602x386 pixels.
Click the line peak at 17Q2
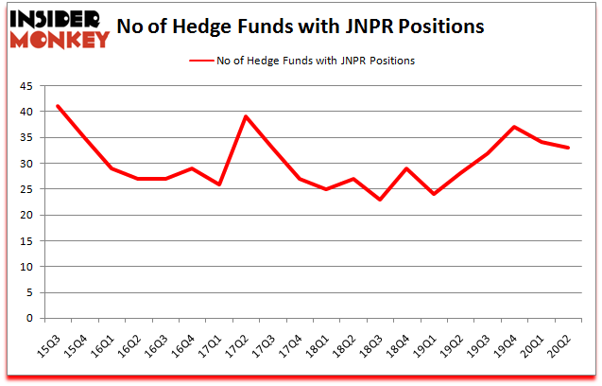pos(247,116)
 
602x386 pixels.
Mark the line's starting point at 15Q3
pos(58,106)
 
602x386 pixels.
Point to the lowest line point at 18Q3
pos(381,200)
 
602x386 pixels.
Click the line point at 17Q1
pos(219,184)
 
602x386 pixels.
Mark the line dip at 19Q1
pos(436,194)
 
